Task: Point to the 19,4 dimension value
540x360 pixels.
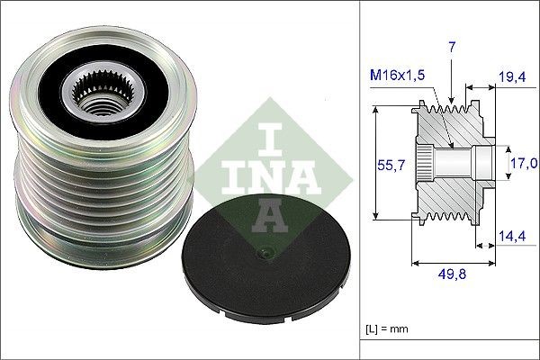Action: pos(512,79)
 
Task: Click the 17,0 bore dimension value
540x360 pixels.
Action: pos(525,163)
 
